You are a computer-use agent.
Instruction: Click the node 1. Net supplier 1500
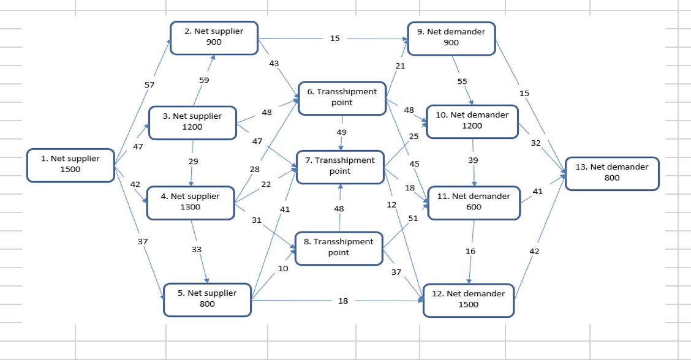pos(70,165)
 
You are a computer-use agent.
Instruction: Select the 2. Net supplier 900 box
pos(214,37)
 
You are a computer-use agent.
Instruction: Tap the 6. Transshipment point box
pos(342,97)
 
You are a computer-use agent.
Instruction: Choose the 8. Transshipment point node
pos(339,247)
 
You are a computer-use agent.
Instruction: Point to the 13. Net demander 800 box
pos(611,173)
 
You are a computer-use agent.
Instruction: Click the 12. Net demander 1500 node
pos(469,299)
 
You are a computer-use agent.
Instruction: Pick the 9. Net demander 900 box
pos(451,37)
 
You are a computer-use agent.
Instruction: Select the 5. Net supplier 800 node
pos(207,299)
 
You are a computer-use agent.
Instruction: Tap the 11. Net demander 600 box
pos(474,202)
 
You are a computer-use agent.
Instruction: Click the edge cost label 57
pos(149,85)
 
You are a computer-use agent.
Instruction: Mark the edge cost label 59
pos(205,80)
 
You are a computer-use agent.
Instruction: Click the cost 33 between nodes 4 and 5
pos(197,249)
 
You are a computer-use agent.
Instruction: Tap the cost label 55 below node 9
pos(463,81)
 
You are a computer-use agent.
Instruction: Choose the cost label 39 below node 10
pos(473,160)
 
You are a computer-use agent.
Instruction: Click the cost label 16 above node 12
pos(470,251)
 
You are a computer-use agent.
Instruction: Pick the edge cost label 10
pos(283,268)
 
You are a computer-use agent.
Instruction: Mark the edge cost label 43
pos(274,64)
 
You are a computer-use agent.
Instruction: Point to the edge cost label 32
pos(535,143)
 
